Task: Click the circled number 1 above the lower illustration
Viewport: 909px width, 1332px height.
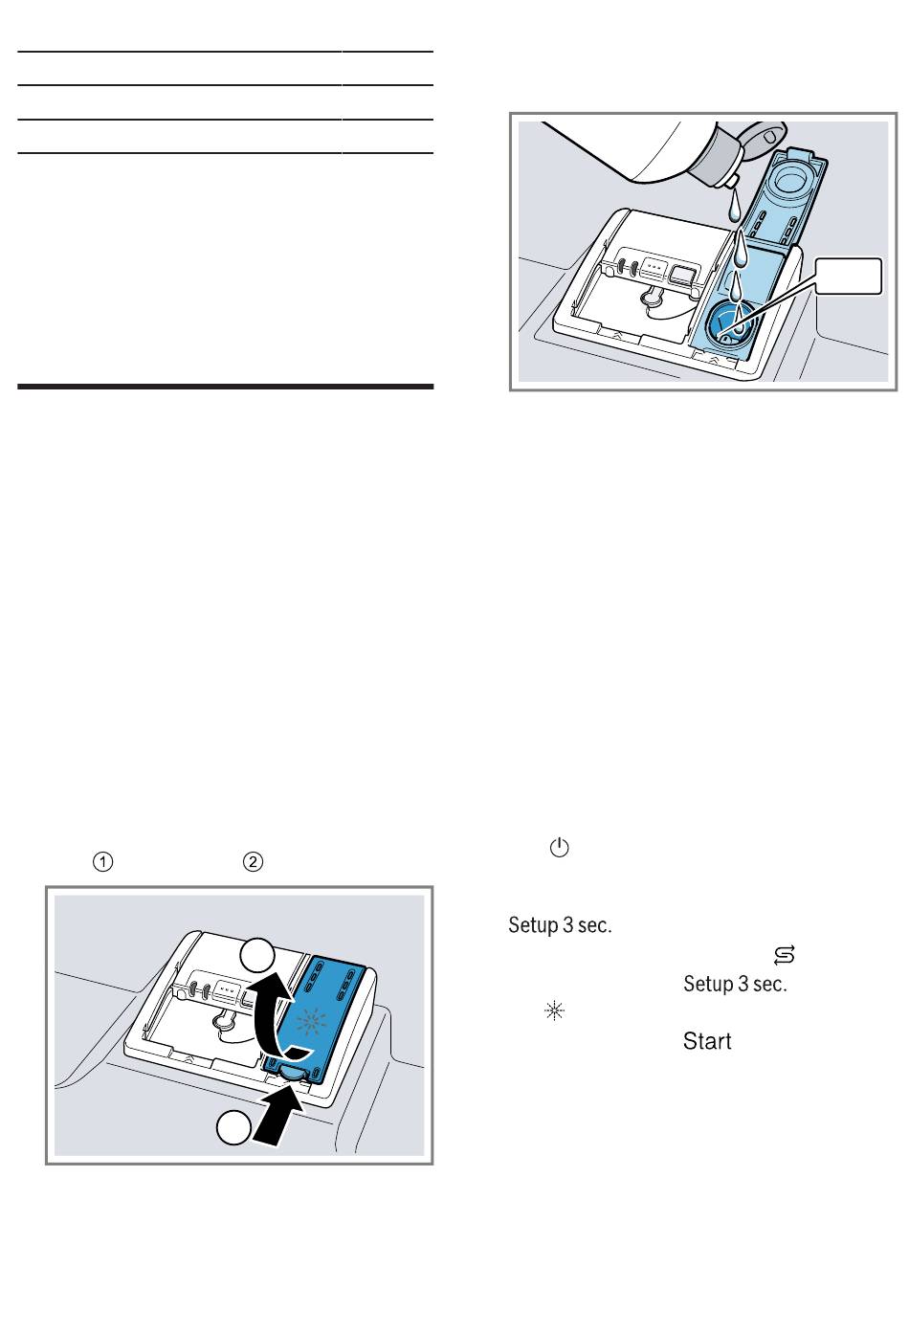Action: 102,861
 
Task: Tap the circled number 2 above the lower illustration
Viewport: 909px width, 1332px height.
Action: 254,861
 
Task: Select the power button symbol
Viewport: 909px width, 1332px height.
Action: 560,848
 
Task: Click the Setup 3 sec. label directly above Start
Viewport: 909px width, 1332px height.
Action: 735,984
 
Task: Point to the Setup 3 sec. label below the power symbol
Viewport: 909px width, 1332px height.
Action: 560,925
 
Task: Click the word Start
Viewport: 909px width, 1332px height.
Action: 707,1041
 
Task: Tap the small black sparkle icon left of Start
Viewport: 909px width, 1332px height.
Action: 554,1010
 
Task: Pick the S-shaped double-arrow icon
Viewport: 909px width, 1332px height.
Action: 785,955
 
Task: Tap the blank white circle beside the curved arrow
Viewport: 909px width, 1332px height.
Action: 257,957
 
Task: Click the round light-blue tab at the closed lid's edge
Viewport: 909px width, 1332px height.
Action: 292,1072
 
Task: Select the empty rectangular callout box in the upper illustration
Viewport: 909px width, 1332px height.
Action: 848,276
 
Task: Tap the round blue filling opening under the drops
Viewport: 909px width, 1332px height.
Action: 730,323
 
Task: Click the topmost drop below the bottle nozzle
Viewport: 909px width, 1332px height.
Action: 734,204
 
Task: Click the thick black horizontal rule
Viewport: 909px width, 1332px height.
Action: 225,387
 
